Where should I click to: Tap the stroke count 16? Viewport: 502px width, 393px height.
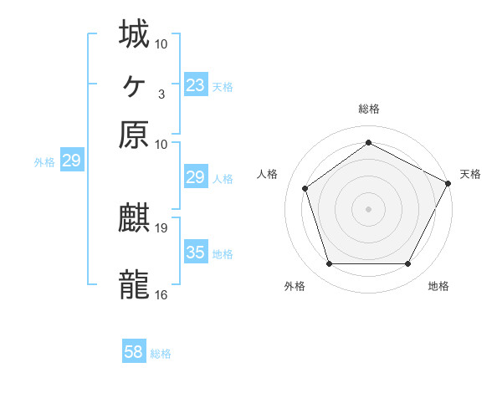click(x=161, y=294)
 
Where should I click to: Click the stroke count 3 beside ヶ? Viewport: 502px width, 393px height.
click(x=161, y=94)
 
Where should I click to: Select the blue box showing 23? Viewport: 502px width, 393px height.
click(x=195, y=84)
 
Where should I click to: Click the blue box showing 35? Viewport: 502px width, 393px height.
click(x=195, y=253)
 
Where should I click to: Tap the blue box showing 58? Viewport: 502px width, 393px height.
click(x=134, y=352)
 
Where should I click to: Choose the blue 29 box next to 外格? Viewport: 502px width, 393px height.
click(x=71, y=161)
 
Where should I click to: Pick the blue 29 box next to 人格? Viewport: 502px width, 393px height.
click(x=195, y=177)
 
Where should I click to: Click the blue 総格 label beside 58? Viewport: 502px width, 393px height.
click(x=161, y=354)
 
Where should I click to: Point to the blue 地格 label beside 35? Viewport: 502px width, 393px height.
click(x=223, y=254)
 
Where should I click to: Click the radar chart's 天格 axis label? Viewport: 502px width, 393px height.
click(x=470, y=174)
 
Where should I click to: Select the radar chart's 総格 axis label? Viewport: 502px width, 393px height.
click(x=369, y=109)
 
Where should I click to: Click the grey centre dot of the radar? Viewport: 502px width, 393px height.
click(x=368, y=208)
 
